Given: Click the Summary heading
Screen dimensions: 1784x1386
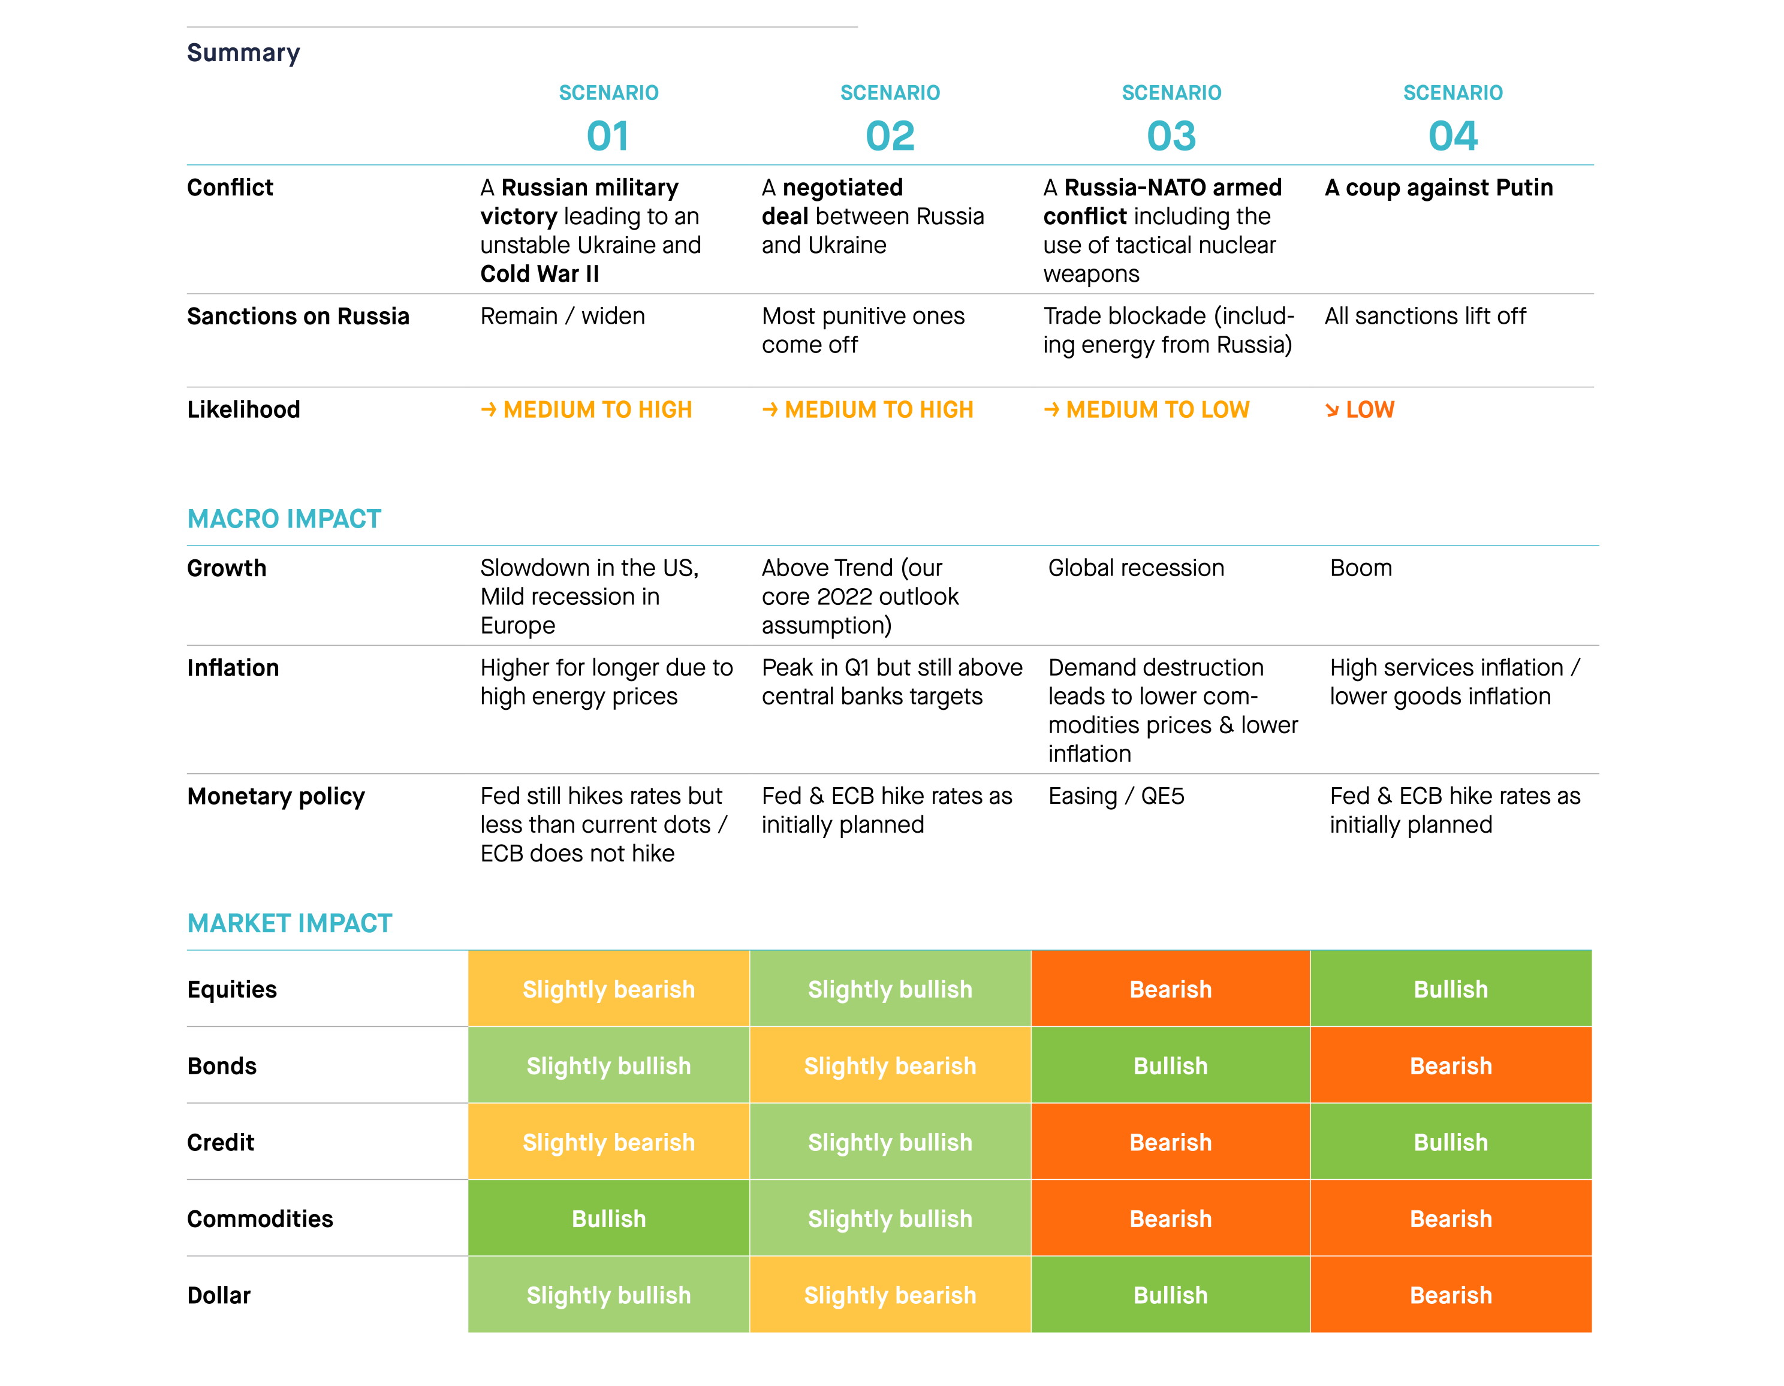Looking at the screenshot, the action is pos(243,53).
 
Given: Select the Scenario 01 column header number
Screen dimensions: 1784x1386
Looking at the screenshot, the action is pos(608,135).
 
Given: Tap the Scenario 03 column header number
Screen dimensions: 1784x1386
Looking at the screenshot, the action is pos(1171,135).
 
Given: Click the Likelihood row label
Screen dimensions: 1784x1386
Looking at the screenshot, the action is pos(243,409).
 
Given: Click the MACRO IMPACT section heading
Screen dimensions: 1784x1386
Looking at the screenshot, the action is pos(284,519).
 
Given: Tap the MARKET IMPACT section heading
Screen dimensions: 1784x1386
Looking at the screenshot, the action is pos(290,923).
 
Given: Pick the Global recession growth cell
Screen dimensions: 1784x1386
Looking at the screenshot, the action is pos(1136,568).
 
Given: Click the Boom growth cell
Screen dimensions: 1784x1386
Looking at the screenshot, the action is pos(1361,568).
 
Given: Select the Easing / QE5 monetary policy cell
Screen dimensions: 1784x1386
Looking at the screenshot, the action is pos(1116,796).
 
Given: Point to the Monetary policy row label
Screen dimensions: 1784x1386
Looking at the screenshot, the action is pos(276,796).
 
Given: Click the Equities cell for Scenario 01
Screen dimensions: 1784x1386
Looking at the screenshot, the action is pos(608,989).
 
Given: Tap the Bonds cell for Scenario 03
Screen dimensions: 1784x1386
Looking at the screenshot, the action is pos(1171,1065).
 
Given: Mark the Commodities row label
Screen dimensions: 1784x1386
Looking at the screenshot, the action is pos(260,1219).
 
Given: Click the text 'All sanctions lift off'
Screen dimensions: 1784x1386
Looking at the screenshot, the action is pos(1426,316).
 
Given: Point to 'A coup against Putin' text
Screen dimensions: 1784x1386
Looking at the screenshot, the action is pos(1439,188).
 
